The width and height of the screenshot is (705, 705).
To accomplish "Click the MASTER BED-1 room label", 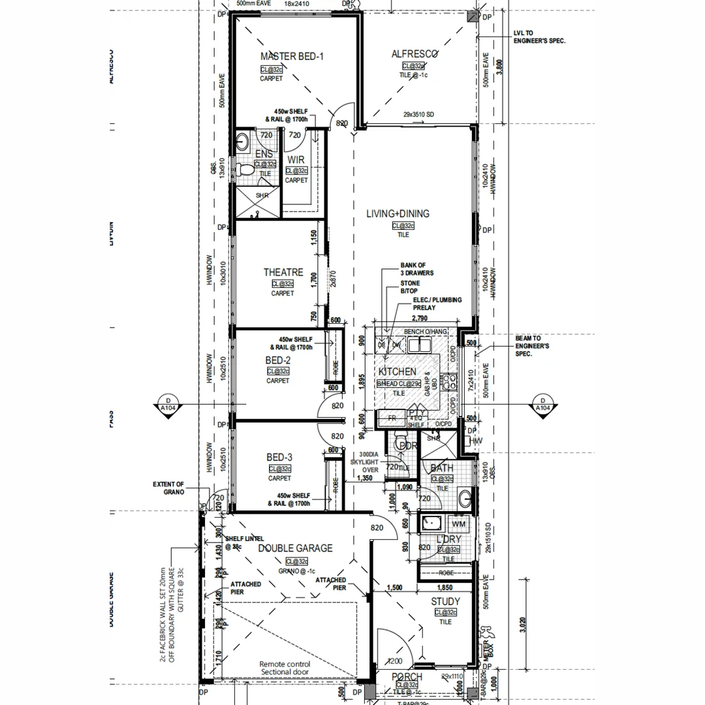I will (292, 57).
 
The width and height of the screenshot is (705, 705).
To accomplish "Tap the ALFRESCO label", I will (415, 54).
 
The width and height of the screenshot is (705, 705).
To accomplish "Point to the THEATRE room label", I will (283, 272).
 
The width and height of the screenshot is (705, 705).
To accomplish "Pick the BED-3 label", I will (279, 458).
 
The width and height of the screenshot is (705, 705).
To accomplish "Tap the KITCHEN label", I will (397, 371).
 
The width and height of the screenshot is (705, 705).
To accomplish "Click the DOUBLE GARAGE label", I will (295, 548).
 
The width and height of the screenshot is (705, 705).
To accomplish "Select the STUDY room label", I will (445, 601).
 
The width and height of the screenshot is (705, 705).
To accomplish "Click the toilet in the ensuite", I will (245, 170).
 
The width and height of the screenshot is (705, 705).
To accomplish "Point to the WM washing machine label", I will (458, 524).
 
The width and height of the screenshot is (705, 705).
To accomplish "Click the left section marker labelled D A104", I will (168, 405).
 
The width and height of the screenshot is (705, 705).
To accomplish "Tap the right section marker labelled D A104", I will (542, 405).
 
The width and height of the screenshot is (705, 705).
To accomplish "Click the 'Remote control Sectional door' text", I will (285, 668).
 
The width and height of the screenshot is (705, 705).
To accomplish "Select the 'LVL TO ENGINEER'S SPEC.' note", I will (540, 37).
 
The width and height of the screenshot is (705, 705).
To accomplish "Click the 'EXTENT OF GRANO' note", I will (168, 488).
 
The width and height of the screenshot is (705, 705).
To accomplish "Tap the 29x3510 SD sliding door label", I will (418, 115).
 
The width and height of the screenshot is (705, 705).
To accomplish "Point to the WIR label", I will (296, 159).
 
